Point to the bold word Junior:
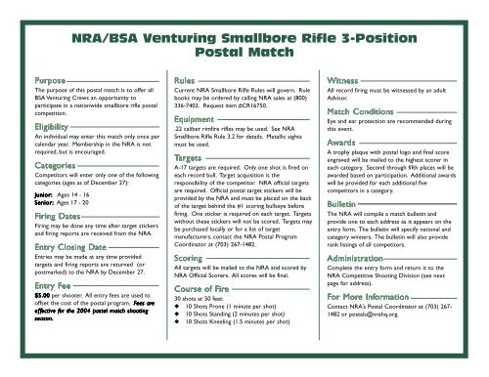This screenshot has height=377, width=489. point(43,192)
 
